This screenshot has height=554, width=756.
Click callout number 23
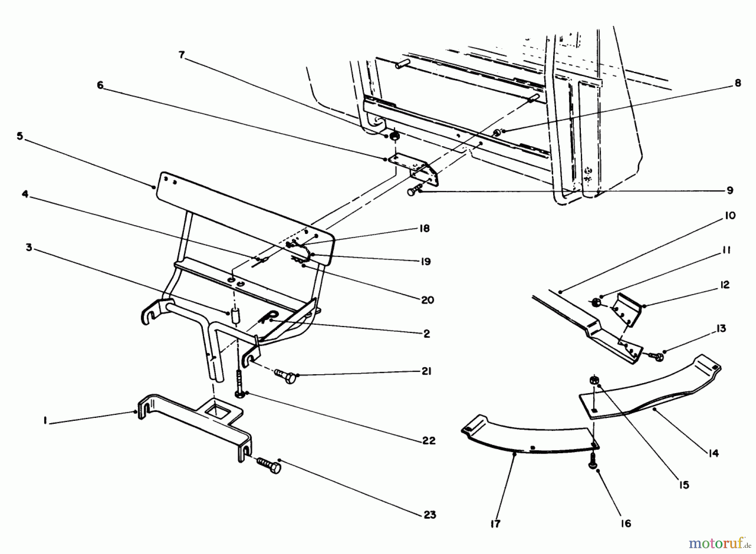tap(430, 515)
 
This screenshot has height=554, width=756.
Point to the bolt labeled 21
tap(285, 375)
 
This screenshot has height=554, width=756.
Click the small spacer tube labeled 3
tap(235, 315)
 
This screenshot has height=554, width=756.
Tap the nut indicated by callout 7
tap(394, 137)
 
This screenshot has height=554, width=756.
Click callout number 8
tap(738, 83)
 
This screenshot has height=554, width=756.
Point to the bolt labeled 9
tap(413, 192)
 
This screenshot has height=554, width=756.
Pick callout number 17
tap(496, 524)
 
